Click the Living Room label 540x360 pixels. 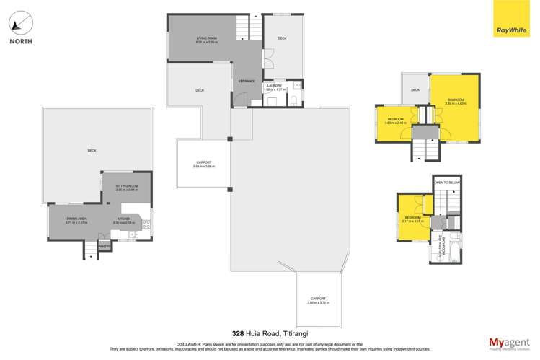pos(206,39)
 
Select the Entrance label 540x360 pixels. pos(247,81)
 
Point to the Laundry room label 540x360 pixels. pos(275,87)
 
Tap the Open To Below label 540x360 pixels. pos(447,183)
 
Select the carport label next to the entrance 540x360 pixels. pos(203,164)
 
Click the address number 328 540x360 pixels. pos(237,333)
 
